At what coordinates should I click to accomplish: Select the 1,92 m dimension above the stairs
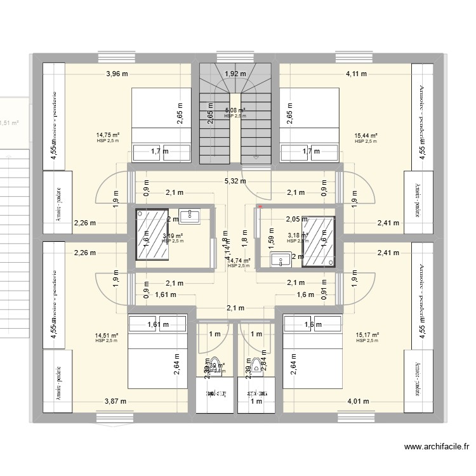[234, 74]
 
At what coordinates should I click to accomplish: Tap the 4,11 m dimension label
[356, 74]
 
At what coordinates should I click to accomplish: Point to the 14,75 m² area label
[107, 135]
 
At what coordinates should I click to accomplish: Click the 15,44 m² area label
[366, 135]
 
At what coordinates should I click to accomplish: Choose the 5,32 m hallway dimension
[235, 181]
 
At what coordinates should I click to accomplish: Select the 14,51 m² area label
[107, 335]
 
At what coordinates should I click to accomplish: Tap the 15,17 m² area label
[367, 335]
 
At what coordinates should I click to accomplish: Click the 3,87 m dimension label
[116, 401]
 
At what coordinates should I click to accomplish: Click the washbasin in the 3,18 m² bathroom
[279, 259]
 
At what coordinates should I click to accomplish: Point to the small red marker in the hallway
[260, 205]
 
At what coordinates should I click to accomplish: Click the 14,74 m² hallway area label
[239, 260]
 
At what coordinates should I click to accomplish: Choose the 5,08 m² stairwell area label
[235, 111]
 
